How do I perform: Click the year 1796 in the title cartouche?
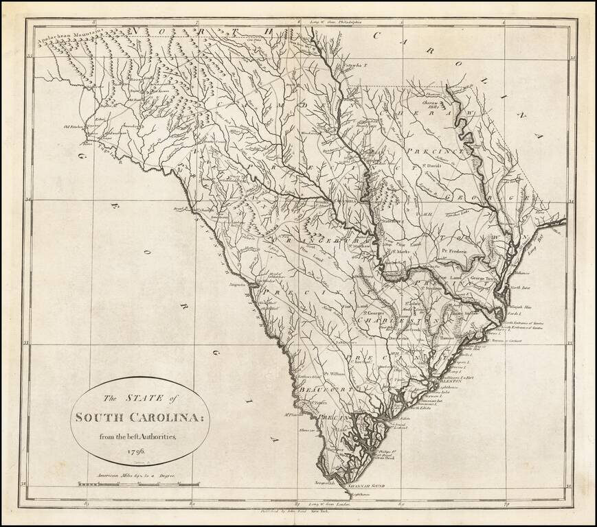[135, 452]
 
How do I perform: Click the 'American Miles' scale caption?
[129, 475]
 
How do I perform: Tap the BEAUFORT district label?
[320, 389]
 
